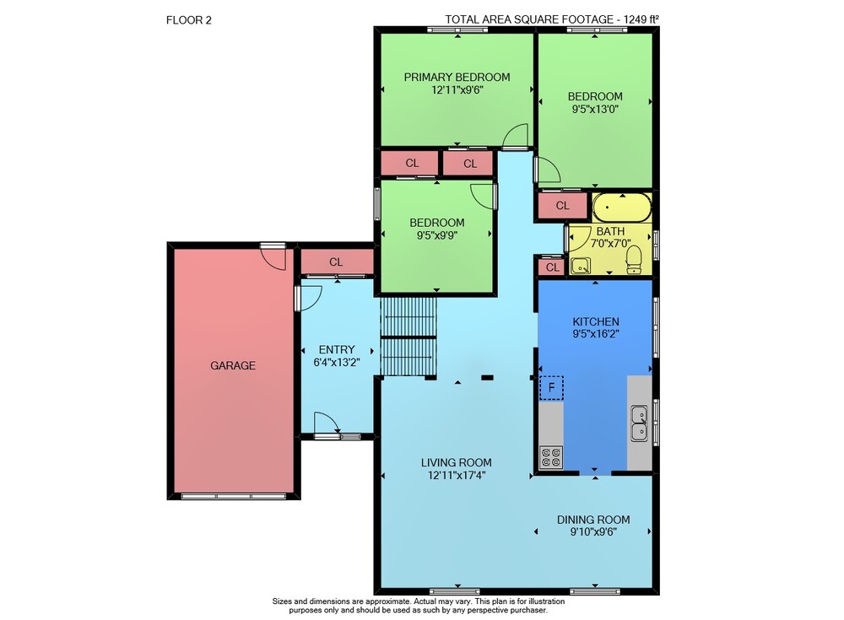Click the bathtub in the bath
(x=622, y=208)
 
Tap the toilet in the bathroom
(x=634, y=259)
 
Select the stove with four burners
(x=551, y=457)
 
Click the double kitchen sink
(x=640, y=423)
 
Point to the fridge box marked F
(x=551, y=387)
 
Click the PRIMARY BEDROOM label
(x=457, y=77)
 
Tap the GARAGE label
(x=233, y=365)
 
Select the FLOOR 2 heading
(x=189, y=20)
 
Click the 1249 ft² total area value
(x=641, y=19)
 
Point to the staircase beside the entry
(x=408, y=337)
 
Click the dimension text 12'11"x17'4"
(x=457, y=475)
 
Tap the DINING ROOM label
(x=593, y=520)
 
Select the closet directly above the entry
(x=337, y=262)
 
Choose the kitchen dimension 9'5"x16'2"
(x=595, y=334)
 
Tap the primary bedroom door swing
(x=516, y=136)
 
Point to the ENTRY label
(x=337, y=349)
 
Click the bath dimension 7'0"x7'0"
(x=610, y=243)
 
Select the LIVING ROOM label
(x=457, y=462)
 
